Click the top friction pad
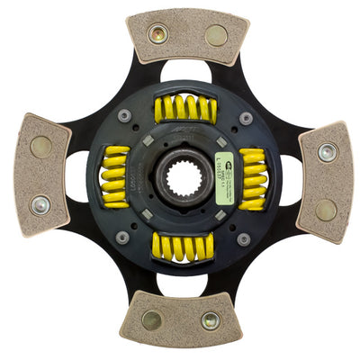[x=187, y=36]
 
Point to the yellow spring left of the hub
[x=115, y=172]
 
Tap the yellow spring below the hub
[x=184, y=245]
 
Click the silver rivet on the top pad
[x=158, y=34]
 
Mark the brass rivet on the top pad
[x=216, y=36]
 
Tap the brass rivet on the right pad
[x=327, y=209]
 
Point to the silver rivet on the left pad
[x=40, y=204]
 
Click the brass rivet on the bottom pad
[x=152, y=319]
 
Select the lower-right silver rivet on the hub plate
[x=243, y=238]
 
